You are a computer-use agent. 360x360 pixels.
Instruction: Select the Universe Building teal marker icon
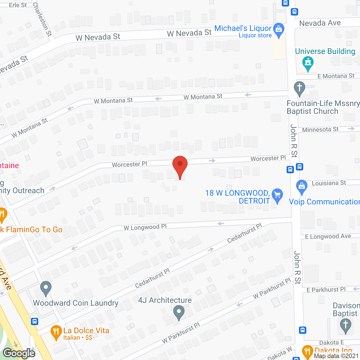click(308, 63)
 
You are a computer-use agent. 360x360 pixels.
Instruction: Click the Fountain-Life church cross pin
click(300, 88)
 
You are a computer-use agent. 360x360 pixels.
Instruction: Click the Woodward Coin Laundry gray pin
click(46, 288)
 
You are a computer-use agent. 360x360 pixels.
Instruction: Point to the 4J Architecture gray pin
click(179, 312)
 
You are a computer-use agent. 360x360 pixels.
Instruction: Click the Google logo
click(19, 353)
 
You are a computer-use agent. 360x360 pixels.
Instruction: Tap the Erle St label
click(18, 5)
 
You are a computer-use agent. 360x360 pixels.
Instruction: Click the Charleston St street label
click(42, 19)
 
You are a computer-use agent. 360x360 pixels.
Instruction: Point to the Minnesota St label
click(320, 130)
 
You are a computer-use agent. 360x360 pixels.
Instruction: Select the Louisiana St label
click(329, 183)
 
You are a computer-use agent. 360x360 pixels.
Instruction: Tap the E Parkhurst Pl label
click(326, 290)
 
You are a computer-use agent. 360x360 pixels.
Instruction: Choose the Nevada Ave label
click(320, 23)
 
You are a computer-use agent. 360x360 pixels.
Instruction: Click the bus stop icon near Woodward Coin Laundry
click(35, 321)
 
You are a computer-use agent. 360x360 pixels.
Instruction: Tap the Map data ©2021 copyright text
click(336, 356)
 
